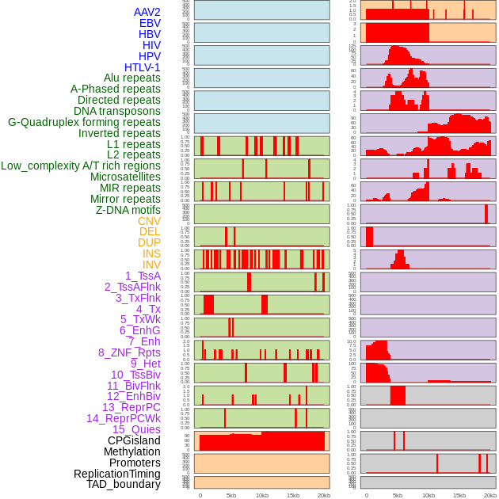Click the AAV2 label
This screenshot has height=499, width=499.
147,13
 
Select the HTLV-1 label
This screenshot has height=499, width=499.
143,67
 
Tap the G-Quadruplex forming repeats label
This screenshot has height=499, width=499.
85,122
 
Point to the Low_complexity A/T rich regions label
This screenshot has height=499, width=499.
81,166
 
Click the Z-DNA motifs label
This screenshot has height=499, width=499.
128,210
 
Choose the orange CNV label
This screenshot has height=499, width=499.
149,221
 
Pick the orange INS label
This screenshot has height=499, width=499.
150,253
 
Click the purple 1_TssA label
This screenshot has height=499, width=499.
143,276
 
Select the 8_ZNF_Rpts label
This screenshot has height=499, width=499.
129,352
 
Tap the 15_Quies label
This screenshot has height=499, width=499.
136,429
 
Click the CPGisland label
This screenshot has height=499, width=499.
134,440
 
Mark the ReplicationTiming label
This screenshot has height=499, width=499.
117,474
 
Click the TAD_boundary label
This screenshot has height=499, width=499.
124,484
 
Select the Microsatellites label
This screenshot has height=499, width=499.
125,177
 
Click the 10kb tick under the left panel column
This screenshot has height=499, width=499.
262,495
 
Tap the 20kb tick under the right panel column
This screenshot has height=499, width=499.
490,495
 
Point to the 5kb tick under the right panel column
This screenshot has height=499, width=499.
398,495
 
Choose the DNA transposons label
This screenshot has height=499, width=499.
117,111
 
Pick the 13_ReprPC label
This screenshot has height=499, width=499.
131,407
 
